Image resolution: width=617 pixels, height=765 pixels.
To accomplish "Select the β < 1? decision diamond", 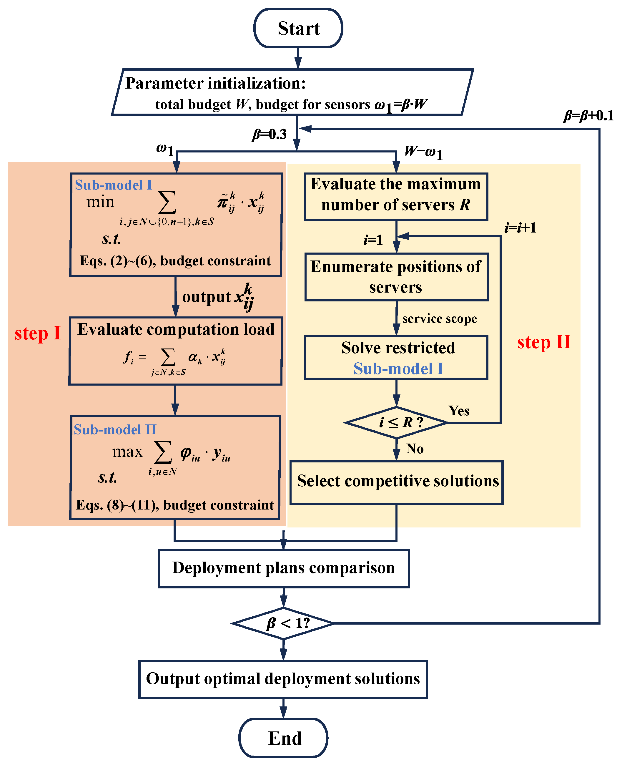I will coord(283,623).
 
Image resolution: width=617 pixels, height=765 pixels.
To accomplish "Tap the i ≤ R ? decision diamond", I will coord(396,422).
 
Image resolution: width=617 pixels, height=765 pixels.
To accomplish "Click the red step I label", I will coord(38,333).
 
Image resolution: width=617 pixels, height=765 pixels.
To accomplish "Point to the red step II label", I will coord(543,342).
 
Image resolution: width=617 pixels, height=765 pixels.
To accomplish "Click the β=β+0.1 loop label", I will coord(588,116).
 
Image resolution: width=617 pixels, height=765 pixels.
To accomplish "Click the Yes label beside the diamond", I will coord(459,411).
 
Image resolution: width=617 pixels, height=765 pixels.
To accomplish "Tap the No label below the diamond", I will coord(415,449).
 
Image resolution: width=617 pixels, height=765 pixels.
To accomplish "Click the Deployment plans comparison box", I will coord(283,568).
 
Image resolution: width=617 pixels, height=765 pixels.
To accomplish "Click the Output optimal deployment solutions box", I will coord(283,679).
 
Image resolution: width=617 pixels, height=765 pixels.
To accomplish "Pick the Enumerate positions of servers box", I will coord(396,277).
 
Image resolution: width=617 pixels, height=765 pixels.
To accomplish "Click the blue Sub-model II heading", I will coord(115,429).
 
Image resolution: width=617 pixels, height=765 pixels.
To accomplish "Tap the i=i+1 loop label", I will coord(520,228).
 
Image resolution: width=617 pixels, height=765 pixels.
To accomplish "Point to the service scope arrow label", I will coord(440,318).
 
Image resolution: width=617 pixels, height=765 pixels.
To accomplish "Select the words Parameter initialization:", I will coord(215,83).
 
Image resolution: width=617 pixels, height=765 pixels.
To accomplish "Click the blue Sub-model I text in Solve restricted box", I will coord(398,369).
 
